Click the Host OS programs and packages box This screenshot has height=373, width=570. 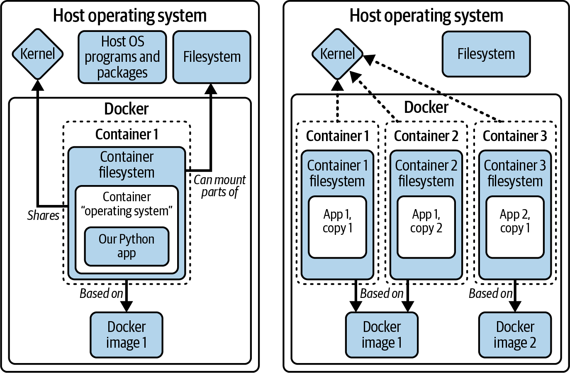coord(122,57)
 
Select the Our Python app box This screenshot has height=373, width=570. coord(127,246)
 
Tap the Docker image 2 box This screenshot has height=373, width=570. coord(515,335)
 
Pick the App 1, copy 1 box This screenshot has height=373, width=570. coord(337,227)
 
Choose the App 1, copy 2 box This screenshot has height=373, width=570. coord(426,227)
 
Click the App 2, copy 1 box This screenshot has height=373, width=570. coord(515,227)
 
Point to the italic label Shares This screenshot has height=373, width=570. coord(43,215)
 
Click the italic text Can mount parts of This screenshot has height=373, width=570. coord(220,186)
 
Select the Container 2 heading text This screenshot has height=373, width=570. coord(426,136)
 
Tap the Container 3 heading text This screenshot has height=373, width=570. coord(515,136)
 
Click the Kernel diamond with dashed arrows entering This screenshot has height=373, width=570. coord(337,54)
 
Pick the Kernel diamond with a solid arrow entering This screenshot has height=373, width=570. coord(37,54)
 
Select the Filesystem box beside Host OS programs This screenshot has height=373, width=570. coord(212,57)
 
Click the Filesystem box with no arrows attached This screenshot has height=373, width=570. coord(486,54)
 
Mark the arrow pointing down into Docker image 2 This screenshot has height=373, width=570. coord(515,297)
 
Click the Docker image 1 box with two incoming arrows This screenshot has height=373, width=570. coord(382,335)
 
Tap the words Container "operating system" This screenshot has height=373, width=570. coord(127,204)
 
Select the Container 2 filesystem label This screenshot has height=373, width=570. coord(426,173)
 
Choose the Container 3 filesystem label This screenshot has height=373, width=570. coord(515,173)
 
